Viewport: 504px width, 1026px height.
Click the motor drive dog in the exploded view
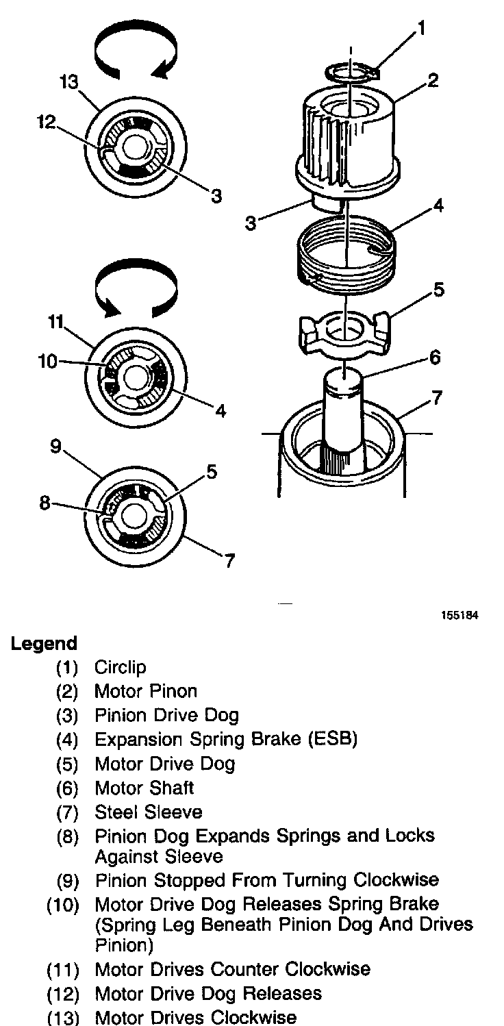(345, 331)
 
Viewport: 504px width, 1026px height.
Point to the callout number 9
(55, 447)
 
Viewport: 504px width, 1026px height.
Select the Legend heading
(44, 644)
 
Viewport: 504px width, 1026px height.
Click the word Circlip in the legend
(120, 667)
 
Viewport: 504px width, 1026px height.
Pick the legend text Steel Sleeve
(148, 812)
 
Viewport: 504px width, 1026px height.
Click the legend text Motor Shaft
(144, 788)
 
